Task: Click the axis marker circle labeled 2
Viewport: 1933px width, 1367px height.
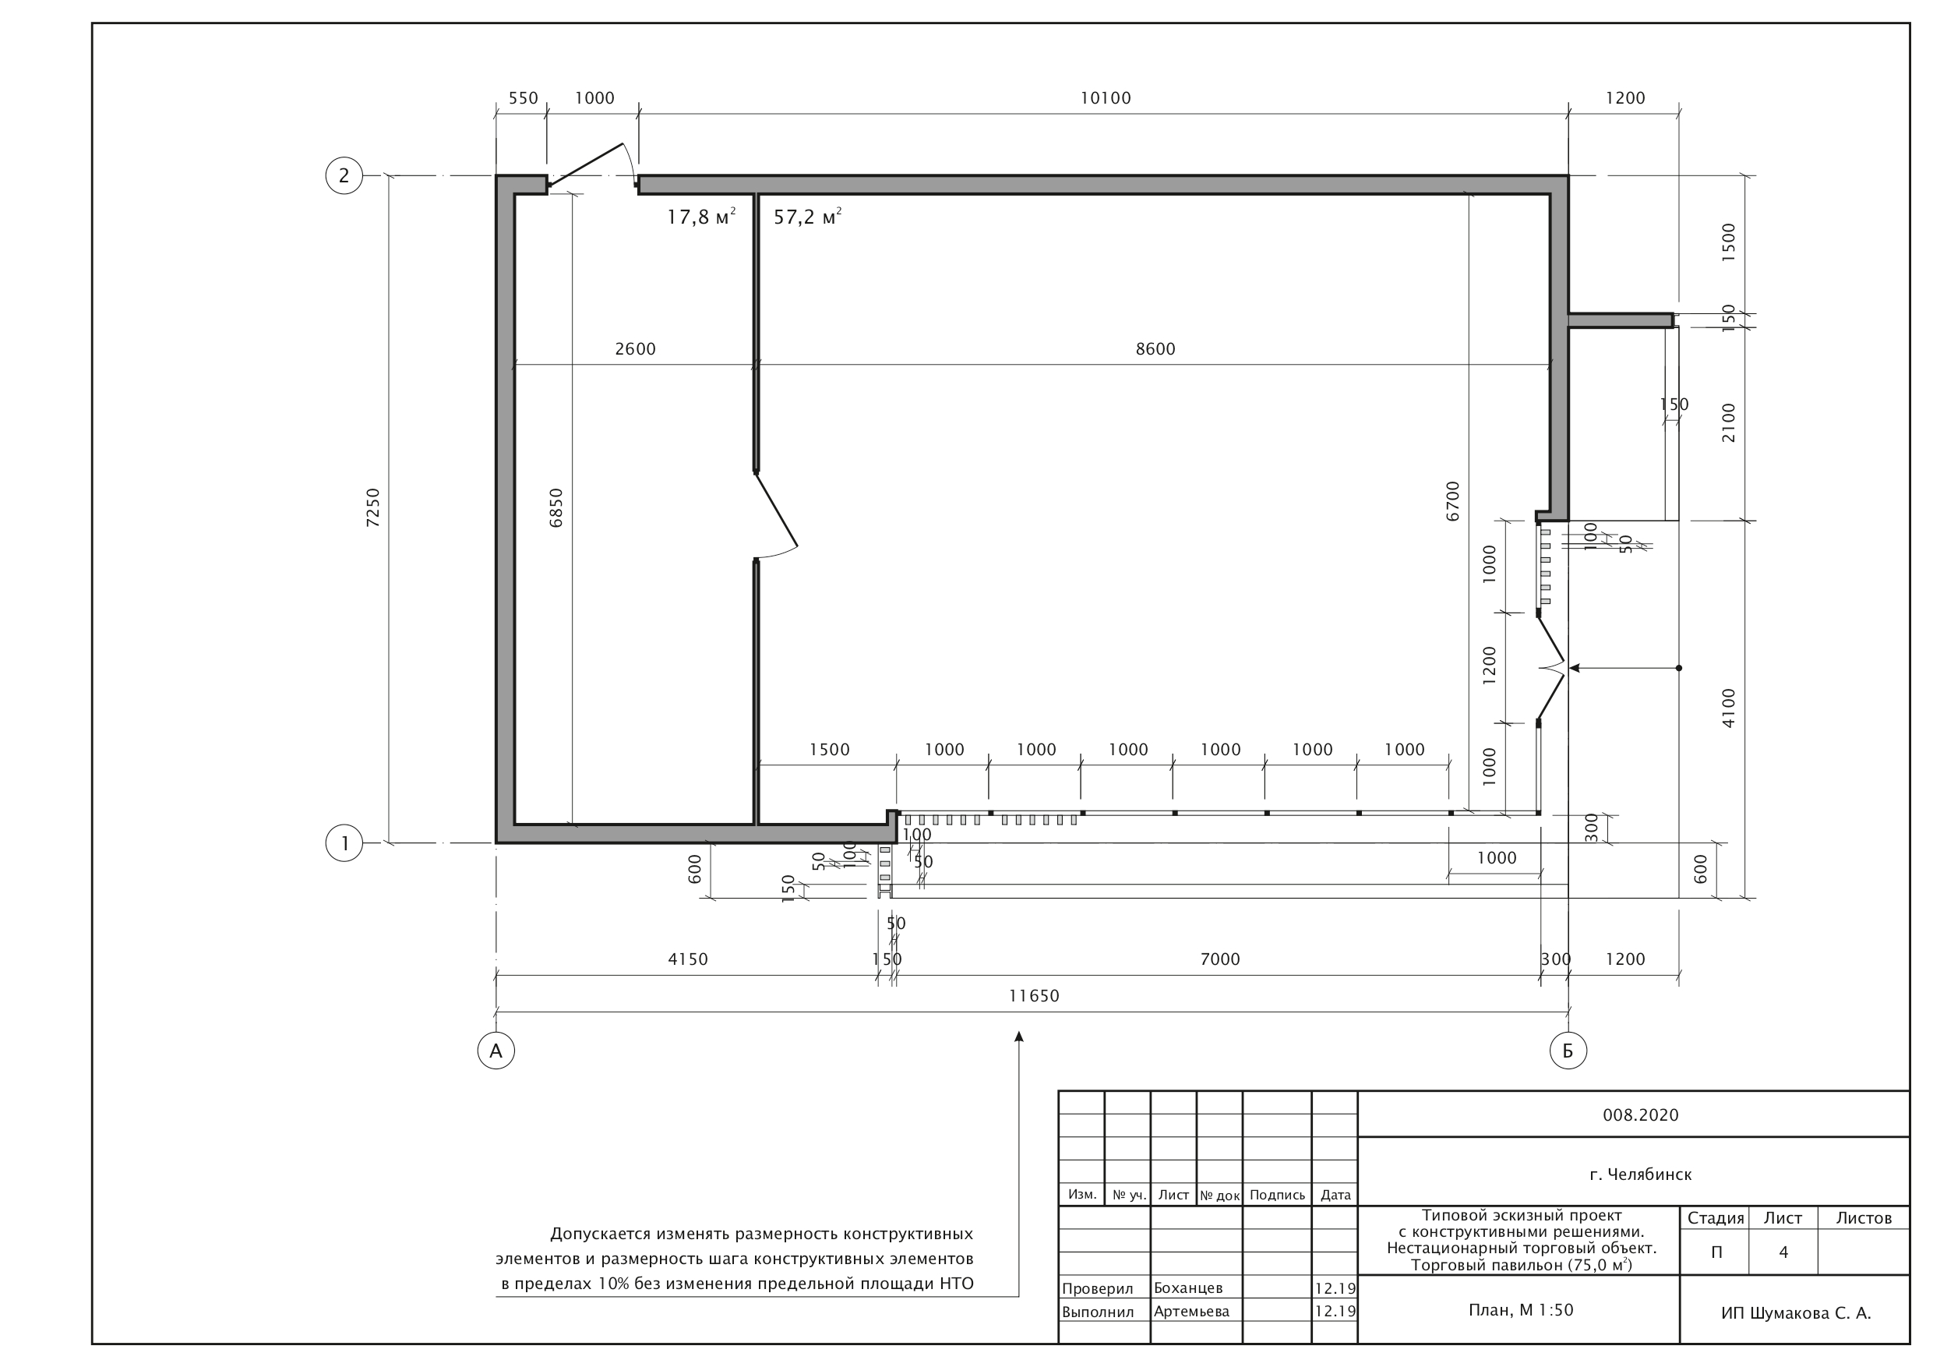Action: click(344, 176)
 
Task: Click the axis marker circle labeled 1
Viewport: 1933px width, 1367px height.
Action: click(344, 843)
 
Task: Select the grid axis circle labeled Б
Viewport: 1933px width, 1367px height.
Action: click(1568, 1051)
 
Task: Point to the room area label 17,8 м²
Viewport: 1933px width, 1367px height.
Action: click(701, 217)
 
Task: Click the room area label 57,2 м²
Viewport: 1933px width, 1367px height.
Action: click(808, 217)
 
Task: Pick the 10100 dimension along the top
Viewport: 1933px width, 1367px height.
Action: click(1106, 98)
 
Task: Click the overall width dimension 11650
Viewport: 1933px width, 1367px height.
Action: click(1034, 996)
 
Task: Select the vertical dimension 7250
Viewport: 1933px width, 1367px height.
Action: click(373, 508)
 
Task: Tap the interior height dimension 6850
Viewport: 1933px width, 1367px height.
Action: click(556, 508)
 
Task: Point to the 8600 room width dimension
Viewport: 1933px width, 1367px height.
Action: click(1155, 348)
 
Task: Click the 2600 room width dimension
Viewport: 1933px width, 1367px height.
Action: click(635, 348)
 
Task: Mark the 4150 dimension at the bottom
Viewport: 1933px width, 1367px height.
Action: click(688, 959)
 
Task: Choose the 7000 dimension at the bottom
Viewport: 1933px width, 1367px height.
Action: click(1220, 959)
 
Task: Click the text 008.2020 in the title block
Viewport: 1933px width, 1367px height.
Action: click(1641, 1115)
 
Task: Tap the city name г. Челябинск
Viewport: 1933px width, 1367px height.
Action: click(1641, 1174)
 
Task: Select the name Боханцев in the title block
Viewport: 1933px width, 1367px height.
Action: click(1188, 1288)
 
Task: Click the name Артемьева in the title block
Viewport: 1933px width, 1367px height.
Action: click(1191, 1312)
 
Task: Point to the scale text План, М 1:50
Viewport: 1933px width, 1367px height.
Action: click(1521, 1310)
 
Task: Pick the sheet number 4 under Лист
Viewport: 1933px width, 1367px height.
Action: click(1783, 1252)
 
